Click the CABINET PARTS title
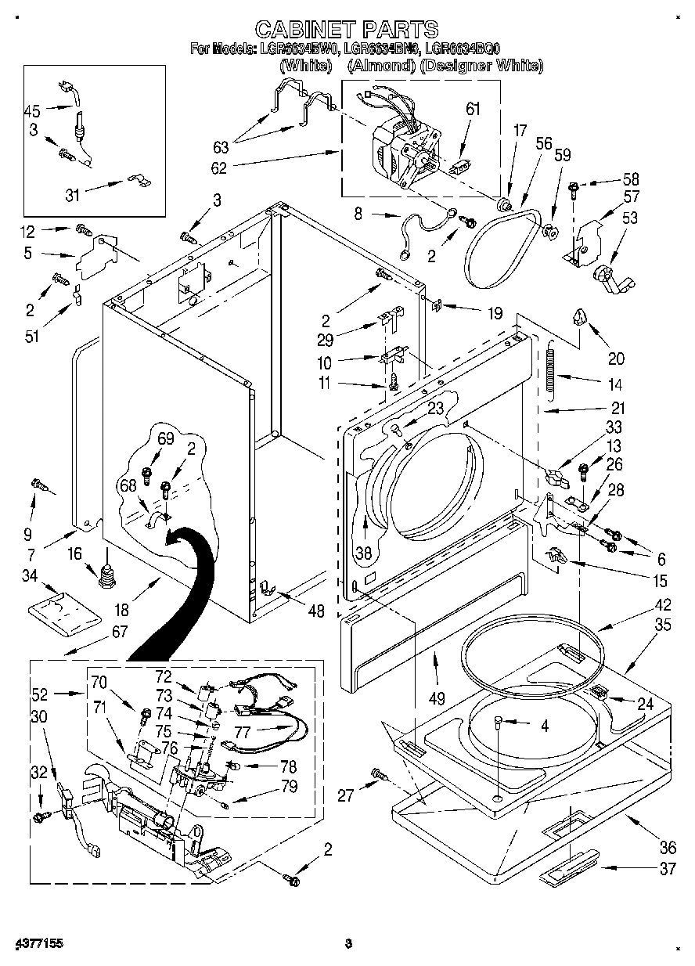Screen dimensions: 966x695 click(x=347, y=30)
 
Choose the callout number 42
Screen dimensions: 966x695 click(x=641, y=605)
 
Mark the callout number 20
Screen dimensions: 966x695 click(x=616, y=359)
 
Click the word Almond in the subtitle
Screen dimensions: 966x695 click(x=380, y=67)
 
